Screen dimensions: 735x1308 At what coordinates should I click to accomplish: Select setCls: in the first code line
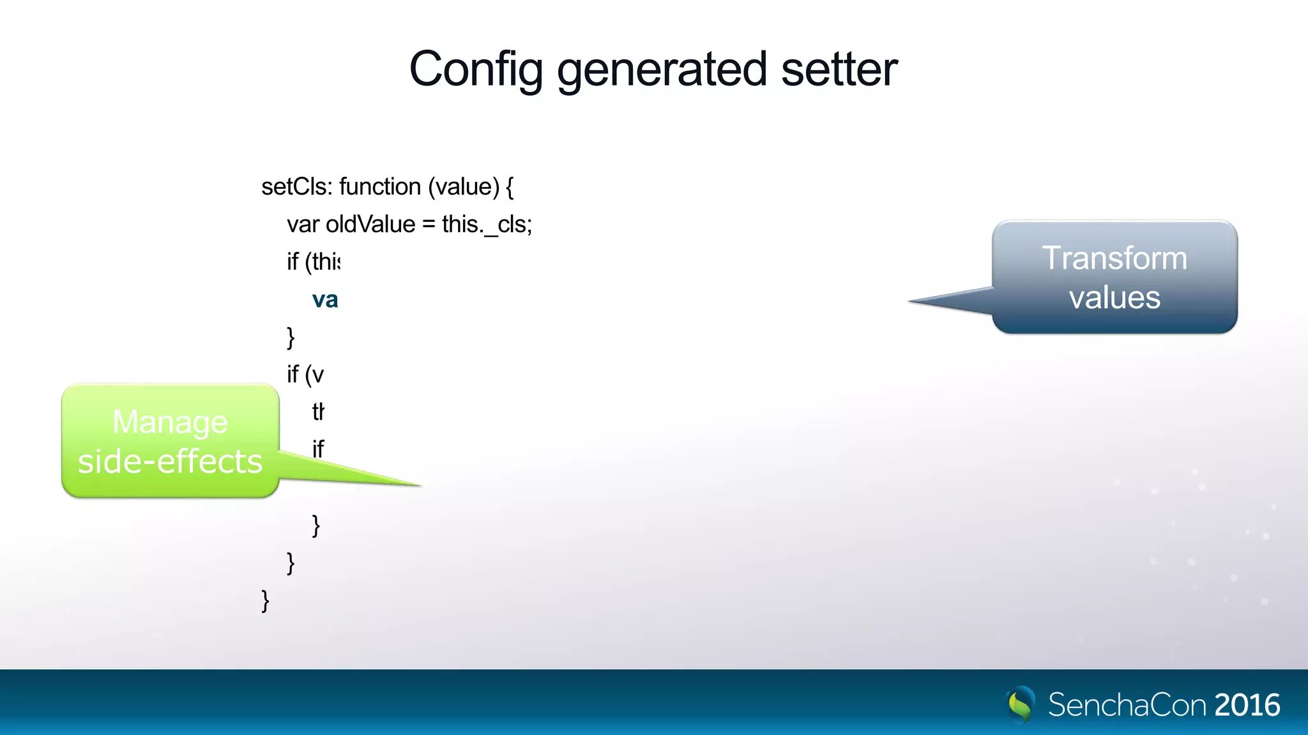tap(297, 187)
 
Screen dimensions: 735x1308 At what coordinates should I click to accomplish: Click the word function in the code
tap(380, 187)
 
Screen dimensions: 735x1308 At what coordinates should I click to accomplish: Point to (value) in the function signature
tap(464, 187)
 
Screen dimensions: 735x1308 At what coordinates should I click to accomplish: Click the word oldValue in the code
tap(370, 225)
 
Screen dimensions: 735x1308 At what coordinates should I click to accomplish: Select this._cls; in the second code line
tap(487, 225)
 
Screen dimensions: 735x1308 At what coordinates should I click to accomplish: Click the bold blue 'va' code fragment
tap(324, 299)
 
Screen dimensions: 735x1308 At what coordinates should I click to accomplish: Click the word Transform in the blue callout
tap(1114, 258)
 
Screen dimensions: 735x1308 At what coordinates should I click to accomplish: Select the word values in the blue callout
tap(1114, 297)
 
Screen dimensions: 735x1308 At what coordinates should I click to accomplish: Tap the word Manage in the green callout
tap(170, 422)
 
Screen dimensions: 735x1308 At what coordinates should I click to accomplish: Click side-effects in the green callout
tap(170, 461)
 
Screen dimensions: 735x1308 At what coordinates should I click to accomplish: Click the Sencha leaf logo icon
tap(1021, 704)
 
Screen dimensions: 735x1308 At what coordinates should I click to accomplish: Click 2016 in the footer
tap(1247, 705)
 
